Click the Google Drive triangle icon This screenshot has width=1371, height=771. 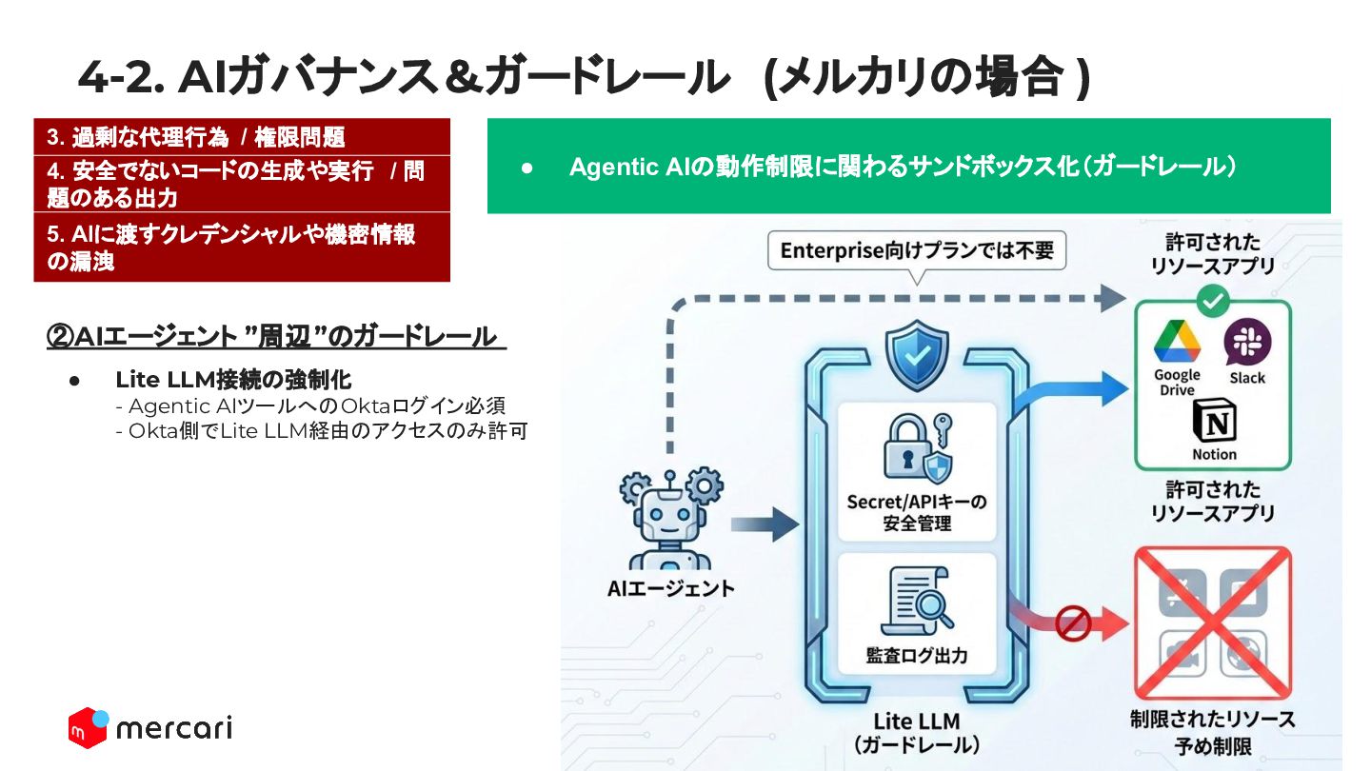tap(1177, 342)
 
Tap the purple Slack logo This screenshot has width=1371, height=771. tap(1247, 342)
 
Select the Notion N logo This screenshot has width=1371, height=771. tap(1215, 422)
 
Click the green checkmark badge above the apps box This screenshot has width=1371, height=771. tap(1213, 301)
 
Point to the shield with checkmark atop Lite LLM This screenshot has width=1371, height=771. tap(917, 356)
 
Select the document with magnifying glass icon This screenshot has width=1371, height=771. tap(917, 603)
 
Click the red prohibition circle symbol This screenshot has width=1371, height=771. tap(1072, 623)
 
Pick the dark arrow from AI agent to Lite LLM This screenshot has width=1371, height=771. tap(765, 524)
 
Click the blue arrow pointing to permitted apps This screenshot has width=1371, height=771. tap(1070, 391)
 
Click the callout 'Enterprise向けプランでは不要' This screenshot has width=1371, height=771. tap(917, 251)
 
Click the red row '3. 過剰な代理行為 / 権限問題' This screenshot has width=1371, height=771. tap(242, 137)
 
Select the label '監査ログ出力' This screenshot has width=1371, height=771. tap(917, 656)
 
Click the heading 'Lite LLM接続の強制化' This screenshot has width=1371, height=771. tap(234, 380)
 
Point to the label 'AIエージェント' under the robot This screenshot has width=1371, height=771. tap(671, 588)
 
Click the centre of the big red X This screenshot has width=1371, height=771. tap(1213, 623)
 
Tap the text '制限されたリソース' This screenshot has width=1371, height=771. tap(1213, 719)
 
